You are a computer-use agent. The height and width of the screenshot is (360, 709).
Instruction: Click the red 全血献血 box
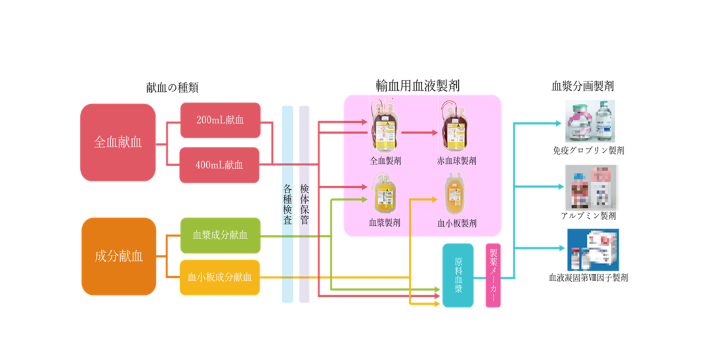point(118,142)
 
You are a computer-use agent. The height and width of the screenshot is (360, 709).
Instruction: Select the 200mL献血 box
point(220,120)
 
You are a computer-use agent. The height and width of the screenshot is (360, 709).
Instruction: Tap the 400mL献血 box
point(220,165)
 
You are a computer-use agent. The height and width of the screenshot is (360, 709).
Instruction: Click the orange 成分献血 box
point(119,256)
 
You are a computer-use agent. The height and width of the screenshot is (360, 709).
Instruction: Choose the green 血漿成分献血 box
point(220,235)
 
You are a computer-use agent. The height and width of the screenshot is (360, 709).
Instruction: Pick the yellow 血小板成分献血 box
point(220,278)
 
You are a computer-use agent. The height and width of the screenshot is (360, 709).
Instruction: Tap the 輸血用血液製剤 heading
point(422,85)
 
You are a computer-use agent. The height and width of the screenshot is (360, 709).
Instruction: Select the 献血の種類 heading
point(172,87)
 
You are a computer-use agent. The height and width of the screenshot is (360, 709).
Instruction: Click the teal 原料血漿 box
point(458,275)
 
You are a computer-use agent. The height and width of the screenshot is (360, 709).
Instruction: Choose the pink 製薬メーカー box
point(493,275)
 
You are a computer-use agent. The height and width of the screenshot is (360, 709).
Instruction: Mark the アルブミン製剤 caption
point(588,216)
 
